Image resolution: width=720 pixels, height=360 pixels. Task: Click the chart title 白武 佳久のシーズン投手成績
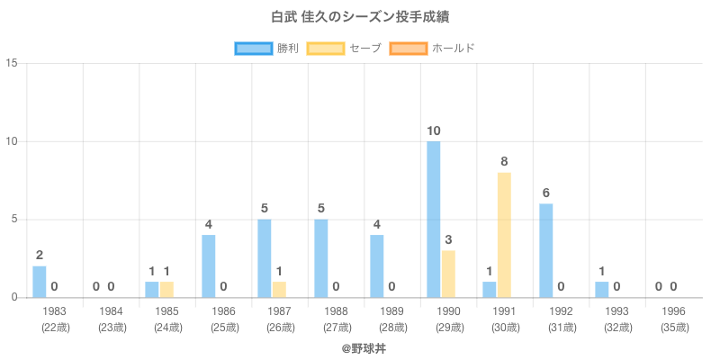(x=360, y=17)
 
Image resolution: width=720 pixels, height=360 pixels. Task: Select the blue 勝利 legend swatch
(x=253, y=48)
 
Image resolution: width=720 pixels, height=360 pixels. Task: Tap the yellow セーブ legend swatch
(x=325, y=48)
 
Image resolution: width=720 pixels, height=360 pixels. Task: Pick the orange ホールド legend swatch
(x=409, y=48)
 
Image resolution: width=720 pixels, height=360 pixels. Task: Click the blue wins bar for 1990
(x=434, y=219)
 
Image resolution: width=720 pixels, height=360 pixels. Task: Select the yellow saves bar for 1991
(x=504, y=235)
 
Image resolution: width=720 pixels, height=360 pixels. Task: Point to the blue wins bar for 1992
(x=546, y=250)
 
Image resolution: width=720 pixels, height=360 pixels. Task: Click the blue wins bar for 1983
(x=40, y=282)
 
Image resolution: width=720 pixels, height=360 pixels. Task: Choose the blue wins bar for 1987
(x=265, y=258)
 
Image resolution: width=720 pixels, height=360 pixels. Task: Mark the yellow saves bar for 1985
(x=166, y=290)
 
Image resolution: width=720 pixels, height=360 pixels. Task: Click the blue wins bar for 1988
(x=321, y=258)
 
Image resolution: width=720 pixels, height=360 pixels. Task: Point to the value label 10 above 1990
(x=434, y=131)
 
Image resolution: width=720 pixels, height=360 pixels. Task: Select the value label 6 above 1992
(x=545, y=193)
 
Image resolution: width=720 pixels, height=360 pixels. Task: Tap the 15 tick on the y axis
(x=12, y=64)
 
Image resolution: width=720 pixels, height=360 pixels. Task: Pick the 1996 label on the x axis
(x=673, y=311)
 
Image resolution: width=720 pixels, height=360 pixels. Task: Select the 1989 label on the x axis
(x=391, y=311)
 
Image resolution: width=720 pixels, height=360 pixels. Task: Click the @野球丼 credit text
(x=360, y=346)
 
